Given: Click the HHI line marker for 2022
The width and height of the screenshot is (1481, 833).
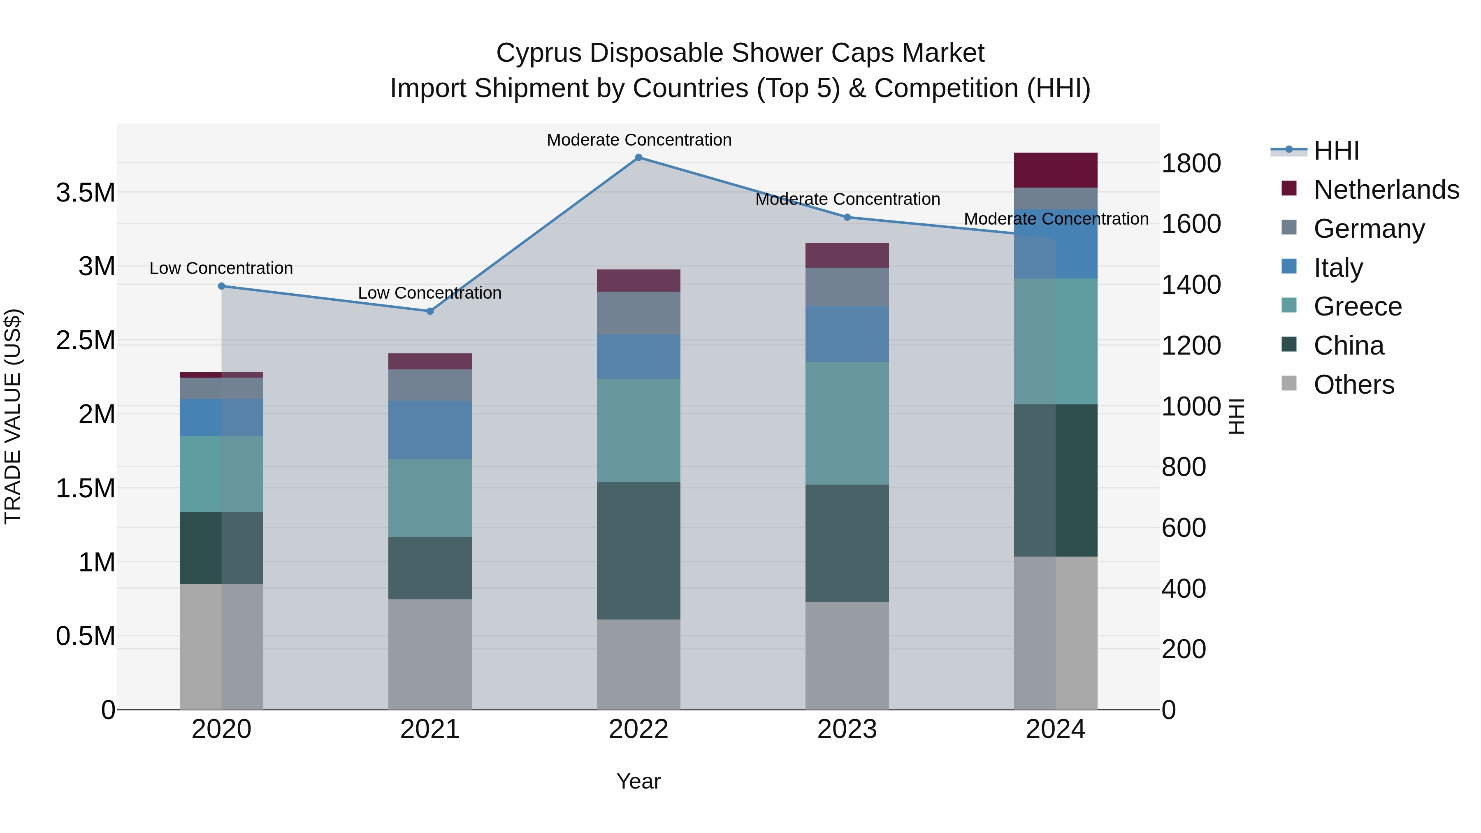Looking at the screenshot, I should point(638,158).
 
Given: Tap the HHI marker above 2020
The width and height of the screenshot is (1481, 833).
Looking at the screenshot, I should point(221,286).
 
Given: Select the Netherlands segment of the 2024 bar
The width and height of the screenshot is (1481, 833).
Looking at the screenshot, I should point(1056,170).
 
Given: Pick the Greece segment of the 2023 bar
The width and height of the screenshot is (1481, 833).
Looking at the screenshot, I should point(847,423).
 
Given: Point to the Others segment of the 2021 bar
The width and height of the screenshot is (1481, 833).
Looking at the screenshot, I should point(430,654).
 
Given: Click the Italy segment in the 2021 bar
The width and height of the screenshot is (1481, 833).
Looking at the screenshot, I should point(430,429).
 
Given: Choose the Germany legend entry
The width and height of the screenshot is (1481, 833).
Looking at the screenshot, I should point(1369,229).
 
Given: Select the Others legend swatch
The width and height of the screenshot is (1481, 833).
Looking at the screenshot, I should point(1289,383).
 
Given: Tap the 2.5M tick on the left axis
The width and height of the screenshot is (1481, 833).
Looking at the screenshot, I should point(85,340).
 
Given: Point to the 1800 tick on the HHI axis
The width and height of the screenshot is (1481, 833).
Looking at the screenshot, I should point(1191,163).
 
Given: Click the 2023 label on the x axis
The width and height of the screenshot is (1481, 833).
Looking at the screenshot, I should point(847,729).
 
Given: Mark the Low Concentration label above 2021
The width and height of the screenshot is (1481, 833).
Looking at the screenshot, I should point(430,293).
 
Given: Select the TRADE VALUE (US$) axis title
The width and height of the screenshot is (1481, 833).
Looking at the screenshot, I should point(13,416).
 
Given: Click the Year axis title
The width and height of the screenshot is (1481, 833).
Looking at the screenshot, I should point(638,781).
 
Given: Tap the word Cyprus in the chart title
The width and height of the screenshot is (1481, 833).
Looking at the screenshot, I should point(538,53).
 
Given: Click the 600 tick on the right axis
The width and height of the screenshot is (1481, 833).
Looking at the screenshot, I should point(1183,528).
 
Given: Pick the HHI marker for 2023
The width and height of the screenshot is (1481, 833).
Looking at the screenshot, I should point(847,217).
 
